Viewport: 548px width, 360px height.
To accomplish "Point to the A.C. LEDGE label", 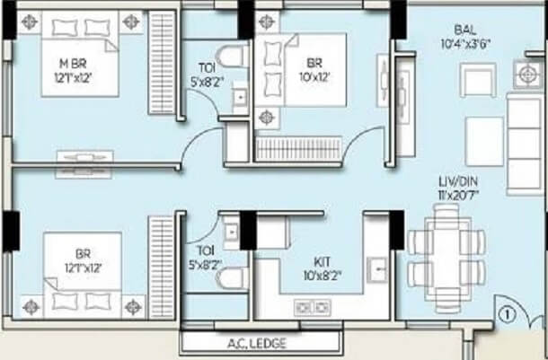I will tap(261, 342).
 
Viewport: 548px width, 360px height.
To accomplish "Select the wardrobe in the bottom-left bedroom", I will tap(163, 266).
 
